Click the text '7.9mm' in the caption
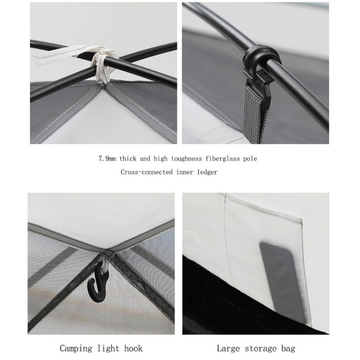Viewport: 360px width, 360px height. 107,159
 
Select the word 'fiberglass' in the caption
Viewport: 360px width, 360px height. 223,159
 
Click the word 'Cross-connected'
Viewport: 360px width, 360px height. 147,172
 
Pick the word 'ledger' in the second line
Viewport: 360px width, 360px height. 207,172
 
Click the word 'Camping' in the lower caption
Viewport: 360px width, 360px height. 76,348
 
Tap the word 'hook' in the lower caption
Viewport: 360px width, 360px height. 133,348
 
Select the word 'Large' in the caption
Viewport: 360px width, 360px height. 229,348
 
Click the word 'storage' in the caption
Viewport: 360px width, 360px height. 261,349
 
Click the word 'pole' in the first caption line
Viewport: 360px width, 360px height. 250,159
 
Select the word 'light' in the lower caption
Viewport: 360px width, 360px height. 108,348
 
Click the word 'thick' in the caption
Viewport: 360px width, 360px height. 128,159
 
